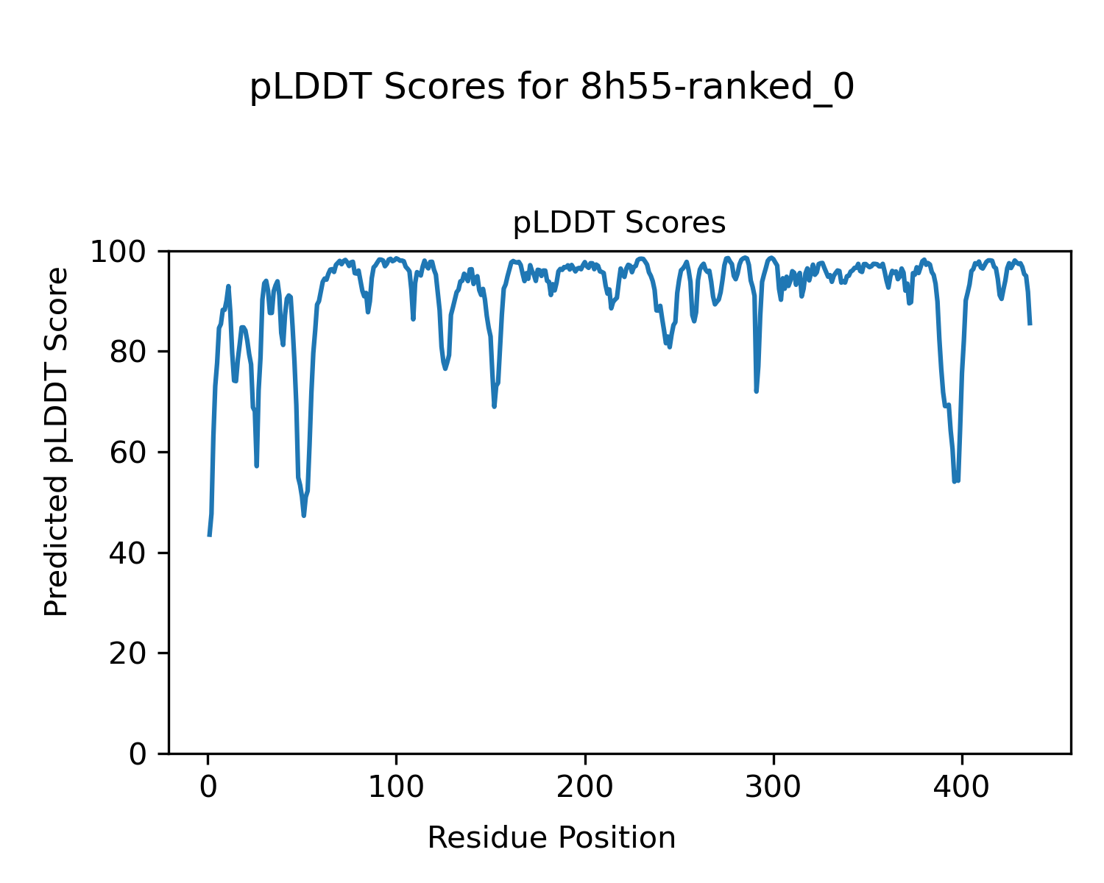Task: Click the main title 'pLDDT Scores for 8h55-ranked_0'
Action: point(552,88)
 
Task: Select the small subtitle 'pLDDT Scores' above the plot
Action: point(619,223)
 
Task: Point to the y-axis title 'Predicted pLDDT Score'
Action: point(57,442)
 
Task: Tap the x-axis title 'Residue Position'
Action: point(551,837)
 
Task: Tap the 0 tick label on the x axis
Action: point(208,787)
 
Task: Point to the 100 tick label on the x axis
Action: point(397,787)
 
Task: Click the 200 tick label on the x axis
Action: point(585,787)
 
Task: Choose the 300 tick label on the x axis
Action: point(774,787)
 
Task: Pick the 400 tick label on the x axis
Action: point(962,787)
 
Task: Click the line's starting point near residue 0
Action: point(210,535)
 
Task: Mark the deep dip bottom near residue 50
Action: point(303,516)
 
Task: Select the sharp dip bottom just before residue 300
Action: point(756,391)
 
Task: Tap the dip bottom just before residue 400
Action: point(955,481)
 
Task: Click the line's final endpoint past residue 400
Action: point(1030,324)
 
